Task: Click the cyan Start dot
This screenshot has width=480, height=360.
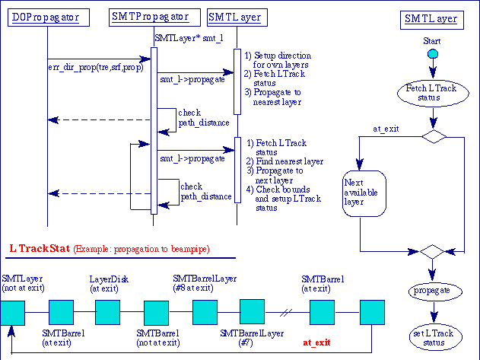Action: (432, 54)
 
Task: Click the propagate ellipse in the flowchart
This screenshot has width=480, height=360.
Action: (431, 291)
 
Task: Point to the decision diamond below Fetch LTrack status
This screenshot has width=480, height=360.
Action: (433, 136)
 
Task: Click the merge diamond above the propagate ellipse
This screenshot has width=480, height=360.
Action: (431, 250)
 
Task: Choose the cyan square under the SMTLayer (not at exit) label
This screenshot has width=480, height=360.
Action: (12, 312)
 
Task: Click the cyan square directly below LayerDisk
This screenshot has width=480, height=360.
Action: (107, 312)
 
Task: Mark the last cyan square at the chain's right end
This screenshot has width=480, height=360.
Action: (372, 312)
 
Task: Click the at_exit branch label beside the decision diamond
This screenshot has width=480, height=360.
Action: (387, 129)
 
